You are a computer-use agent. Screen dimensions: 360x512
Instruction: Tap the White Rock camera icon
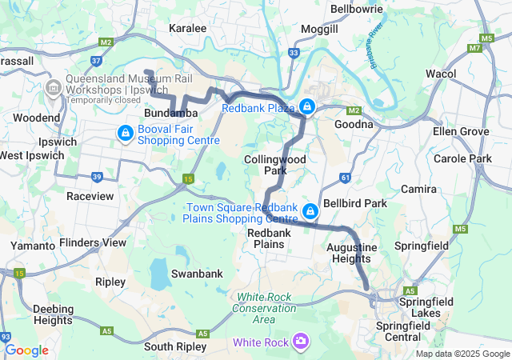point(301,342)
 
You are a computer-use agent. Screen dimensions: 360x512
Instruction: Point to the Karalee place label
point(188,28)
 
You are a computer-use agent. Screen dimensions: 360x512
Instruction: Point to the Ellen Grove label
point(459,130)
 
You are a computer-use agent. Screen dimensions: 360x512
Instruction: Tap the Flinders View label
point(93,242)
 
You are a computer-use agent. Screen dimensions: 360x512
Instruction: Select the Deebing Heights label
point(54,314)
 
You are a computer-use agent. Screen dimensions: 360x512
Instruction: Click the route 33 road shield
point(294,54)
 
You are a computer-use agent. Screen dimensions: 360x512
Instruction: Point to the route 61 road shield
point(345,177)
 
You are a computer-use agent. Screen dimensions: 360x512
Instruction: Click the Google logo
point(26,350)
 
